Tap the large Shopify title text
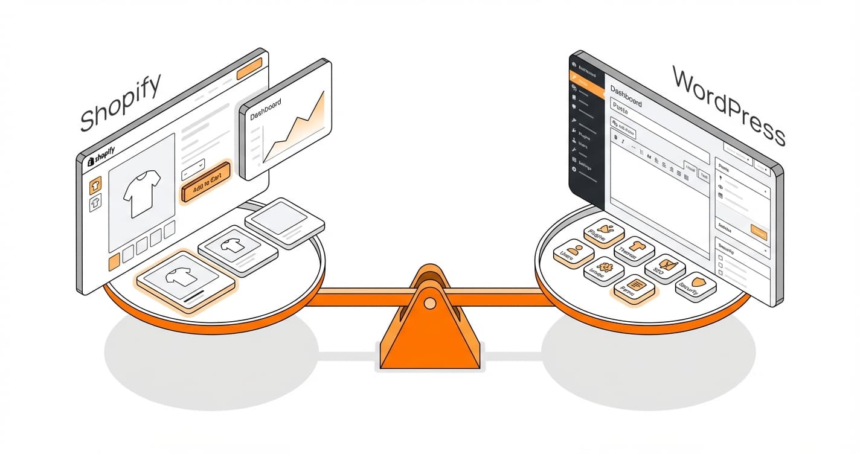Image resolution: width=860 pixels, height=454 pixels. click(x=121, y=102)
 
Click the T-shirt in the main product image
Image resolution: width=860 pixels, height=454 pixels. click(x=141, y=193)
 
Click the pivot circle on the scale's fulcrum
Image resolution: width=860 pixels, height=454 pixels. click(x=429, y=304)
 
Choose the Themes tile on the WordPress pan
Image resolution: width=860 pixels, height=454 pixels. click(x=634, y=249)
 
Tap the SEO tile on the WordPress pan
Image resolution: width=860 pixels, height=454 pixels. click(x=665, y=268)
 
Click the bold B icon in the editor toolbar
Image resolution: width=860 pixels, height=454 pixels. click(x=616, y=137)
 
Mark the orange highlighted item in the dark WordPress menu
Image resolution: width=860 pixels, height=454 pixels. click(x=586, y=81)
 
